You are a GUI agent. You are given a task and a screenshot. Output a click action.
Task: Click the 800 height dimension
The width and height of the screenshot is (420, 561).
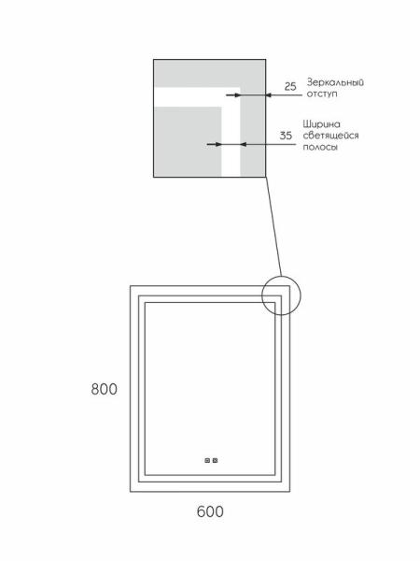pos(104,389)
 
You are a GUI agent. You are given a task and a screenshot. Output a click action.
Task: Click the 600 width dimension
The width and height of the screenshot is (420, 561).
pos(210,511)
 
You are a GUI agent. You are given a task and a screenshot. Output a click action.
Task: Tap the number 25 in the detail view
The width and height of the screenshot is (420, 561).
pos(290,87)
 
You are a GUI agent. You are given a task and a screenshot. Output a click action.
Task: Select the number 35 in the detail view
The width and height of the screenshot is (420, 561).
pos(286,136)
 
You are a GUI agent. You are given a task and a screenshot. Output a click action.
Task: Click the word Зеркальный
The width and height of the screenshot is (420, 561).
pos(335,82)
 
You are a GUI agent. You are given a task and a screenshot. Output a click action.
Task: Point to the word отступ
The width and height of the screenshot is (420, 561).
pos(322,94)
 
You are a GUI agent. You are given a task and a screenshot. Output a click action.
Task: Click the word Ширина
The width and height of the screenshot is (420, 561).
pos(321,124)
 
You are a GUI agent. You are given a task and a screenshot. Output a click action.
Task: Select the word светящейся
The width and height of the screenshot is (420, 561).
pos(330,136)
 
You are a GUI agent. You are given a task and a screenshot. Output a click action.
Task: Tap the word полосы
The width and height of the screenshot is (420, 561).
pos(320,147)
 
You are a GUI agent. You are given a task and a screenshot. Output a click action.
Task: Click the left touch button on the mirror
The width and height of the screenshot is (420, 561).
pos(207,460)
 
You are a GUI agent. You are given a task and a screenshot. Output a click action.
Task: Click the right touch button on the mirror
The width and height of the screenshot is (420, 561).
pos(215,460)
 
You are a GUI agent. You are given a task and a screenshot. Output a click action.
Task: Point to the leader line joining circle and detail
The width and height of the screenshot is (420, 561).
pos(273,226)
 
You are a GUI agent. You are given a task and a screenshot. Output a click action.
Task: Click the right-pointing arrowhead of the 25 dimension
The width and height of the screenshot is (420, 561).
pos(236,95)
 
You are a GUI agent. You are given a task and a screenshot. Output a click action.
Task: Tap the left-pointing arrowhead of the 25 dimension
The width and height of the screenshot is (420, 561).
pos(270,95)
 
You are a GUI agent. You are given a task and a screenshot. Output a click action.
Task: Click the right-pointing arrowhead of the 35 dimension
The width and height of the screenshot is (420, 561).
pos(217,144)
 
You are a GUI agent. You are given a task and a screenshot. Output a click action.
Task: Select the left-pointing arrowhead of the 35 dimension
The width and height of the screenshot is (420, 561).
pos(245,144)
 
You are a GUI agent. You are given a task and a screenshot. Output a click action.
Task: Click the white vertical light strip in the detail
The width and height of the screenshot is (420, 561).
pos(231,141)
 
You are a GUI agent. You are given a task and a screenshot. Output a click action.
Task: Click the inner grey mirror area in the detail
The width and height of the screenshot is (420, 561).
pos(188,141)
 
